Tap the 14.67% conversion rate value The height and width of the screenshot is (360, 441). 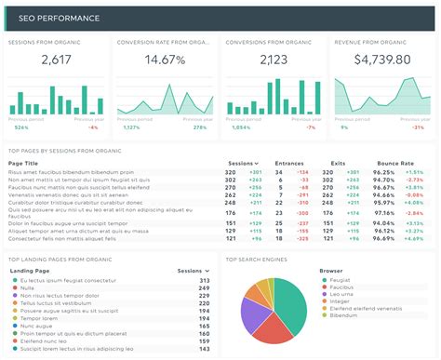click(x=166, y=60)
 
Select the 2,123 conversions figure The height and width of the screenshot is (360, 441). click(x=274, y=60)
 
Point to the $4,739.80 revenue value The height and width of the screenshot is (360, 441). click(x=382, y=60)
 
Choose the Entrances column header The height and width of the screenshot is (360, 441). click(x=288, y=163)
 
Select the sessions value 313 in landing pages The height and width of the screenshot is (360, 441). click(x=204, y=280)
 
